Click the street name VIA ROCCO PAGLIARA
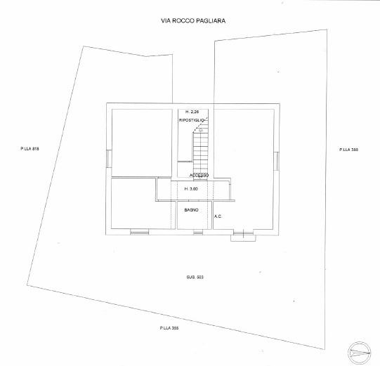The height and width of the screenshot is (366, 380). (x=193, y=21)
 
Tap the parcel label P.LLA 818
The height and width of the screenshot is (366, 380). (x=30, y=149)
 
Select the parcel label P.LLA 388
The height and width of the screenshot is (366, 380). (x=348, y=150)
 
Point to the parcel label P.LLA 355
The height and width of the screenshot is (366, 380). (x=169, y=328)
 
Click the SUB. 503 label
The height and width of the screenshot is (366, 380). (x=195, y=277)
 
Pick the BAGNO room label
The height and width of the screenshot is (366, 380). (x=192, y=210)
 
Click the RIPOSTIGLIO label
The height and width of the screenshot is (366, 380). (x=192, y=120)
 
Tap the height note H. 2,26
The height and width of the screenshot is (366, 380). (x=192, y=112)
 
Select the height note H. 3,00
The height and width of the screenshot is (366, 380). (x=191, y=189)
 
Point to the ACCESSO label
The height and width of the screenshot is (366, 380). (x=199, y=175)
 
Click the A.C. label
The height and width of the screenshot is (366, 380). (x=218, y=216)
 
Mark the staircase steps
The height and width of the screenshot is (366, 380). (x=201, y=152)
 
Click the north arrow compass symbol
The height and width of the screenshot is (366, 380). (x=360, y=353)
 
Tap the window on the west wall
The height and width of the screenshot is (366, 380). (x=109, y=159)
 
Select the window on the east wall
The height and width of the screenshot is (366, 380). (x=277, y=161)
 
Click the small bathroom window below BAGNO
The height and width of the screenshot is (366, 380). (x=198, y=233)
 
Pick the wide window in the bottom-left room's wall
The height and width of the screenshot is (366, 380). (x=139, y=233)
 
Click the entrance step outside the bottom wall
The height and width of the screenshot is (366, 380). (x=243, y=238)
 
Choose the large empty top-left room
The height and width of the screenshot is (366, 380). (x=142, y=143)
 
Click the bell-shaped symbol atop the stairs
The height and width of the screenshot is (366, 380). (x=201, y=130)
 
